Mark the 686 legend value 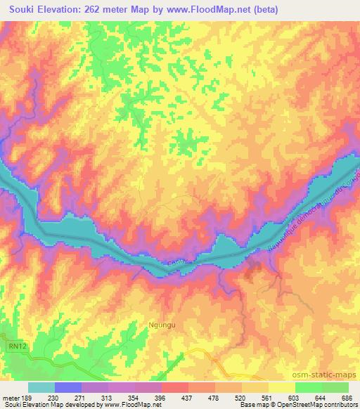[x=348, y=396]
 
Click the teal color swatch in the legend [x=41, y=387]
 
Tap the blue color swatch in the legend [x=68, y=387]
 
